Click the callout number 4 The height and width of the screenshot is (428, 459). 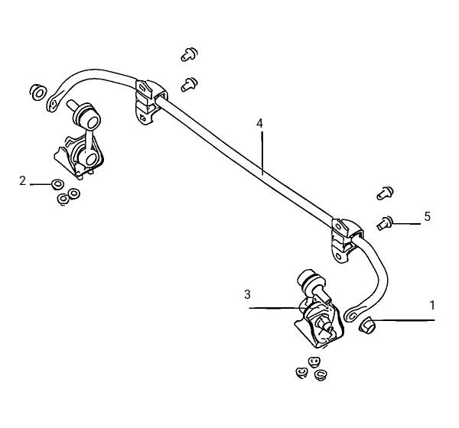point(259,124)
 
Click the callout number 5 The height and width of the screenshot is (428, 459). point(428,217)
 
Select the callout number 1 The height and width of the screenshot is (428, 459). point(432,306)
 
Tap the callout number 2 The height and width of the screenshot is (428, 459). point(22,181)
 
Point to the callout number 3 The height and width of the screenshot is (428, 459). point(247,294)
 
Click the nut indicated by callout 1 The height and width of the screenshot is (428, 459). point(367,326)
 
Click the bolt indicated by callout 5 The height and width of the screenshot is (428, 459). point(385,223)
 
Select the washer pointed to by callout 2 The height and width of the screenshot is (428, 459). point(57,184)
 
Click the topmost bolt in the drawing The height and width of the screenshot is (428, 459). point(189,54)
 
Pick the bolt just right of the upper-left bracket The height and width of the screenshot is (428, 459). point(189,84)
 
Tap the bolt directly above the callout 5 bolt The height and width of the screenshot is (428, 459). point(385,193)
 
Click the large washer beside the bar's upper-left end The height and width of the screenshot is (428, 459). point(38,92)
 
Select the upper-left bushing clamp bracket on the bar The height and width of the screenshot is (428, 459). point(150,101)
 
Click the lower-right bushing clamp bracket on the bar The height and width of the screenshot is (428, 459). point(346,240)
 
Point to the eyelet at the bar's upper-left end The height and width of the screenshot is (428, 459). point(53,104)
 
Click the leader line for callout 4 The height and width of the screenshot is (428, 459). point(262,153)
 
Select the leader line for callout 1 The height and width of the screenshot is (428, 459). point(404,320)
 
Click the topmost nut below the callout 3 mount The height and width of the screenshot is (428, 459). point(314,362)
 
